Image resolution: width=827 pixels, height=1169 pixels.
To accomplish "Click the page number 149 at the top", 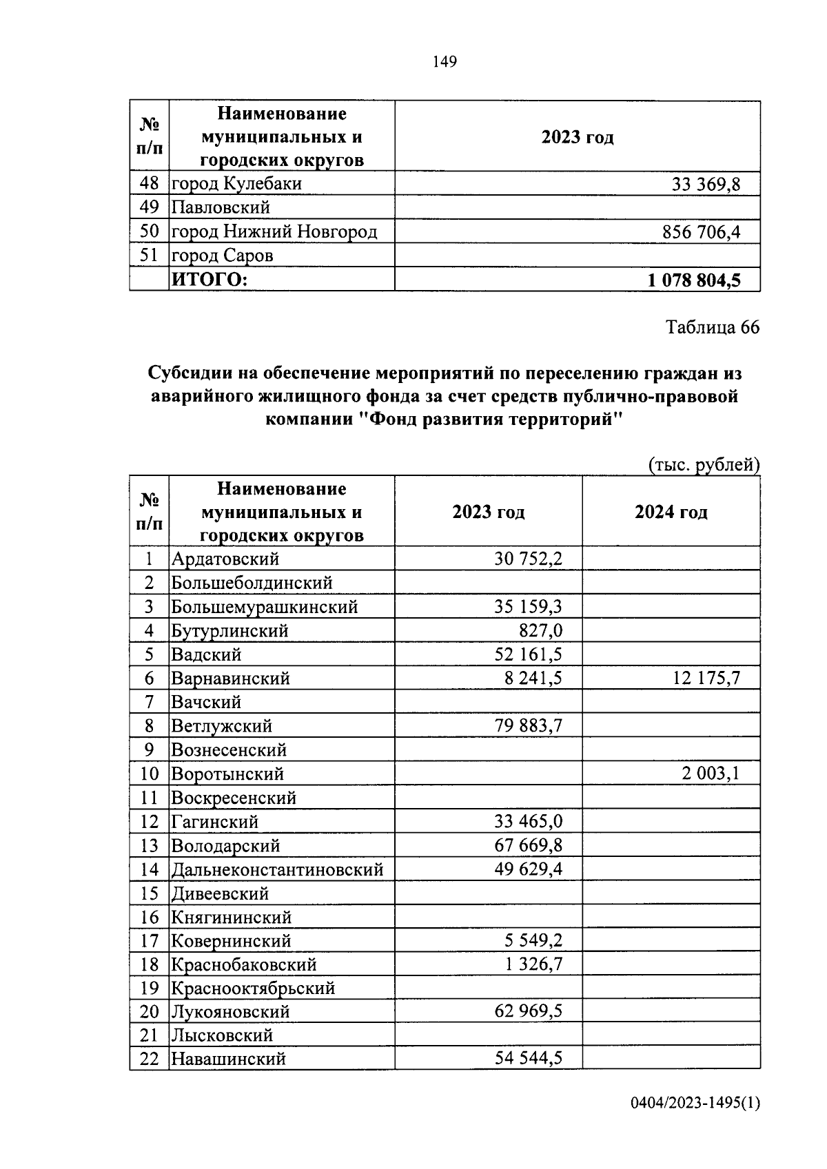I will [445, 62].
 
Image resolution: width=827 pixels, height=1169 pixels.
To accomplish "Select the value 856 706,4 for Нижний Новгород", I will [701, 232].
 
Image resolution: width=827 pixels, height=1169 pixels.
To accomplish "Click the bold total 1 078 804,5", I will [693, 280].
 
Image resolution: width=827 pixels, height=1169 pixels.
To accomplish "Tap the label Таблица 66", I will [712, 327].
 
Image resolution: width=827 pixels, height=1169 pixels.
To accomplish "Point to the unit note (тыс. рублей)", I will [704, 466].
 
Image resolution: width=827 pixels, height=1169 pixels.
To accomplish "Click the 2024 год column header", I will [671, 513].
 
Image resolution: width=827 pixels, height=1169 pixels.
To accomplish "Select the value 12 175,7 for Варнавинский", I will [706, 679].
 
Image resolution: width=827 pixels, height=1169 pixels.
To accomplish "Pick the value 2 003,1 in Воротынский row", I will [711, 774].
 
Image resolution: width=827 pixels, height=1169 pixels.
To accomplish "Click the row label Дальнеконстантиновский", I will [277, 870].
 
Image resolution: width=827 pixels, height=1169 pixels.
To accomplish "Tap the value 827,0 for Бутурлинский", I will [540, 631].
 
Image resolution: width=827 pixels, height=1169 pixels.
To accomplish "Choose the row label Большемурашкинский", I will [265, 608].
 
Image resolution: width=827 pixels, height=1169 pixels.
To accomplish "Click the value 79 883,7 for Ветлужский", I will [529, 726].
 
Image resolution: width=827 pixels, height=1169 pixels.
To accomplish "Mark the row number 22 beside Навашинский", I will [150, 1059].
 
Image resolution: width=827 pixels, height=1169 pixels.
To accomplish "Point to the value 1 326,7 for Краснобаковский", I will [533, 964].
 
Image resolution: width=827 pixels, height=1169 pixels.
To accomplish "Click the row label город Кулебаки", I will [236, 184].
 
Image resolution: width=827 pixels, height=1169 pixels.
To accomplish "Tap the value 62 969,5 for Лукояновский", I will [529, 1012].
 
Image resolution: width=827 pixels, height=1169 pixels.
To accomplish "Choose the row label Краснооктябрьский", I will [253, 989].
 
